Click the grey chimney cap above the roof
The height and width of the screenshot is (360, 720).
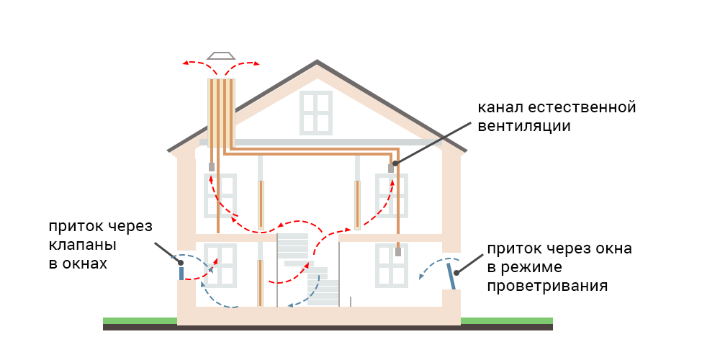[x=221, y=55]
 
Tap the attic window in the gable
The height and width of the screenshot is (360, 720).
[x=316, y=113]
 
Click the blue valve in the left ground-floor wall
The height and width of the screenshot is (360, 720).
[x=181, y=273]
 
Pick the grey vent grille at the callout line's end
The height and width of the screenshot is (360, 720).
[x=392, y=168]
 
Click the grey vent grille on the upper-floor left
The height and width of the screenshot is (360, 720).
[x=211, y=167]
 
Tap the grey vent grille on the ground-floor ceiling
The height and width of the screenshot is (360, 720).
[x=397, y=252]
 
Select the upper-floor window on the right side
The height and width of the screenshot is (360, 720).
[x=392, y=196]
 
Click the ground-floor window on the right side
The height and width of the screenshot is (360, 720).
[x=392, y=265]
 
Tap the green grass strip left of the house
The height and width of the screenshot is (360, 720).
[x=140, y=320]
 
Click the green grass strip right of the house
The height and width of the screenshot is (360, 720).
[x=507, y=320]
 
